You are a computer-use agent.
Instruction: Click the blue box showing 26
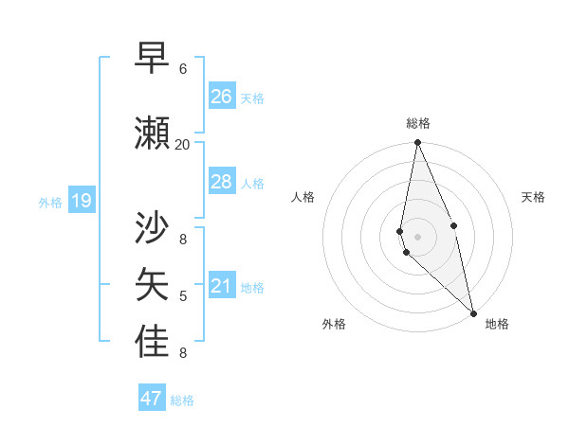(x=222, y=97)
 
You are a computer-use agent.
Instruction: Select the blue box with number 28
(x=222, y=182)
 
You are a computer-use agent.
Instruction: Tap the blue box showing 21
(x=222, y=286)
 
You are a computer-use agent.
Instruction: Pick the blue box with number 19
(x=81, y=201)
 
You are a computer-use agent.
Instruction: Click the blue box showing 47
(x=152, y=399)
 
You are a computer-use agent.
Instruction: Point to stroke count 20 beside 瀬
(x=182, y=144)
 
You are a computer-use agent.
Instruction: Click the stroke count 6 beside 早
(x=183, y=69)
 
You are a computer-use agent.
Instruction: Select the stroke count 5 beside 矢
(x=183, y=296)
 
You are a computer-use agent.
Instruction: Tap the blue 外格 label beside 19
(x=49, y=202)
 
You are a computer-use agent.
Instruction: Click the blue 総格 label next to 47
(x=182, y=400)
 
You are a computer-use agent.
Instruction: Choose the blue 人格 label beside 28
(x=252, y=183)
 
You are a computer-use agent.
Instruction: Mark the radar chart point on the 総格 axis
(x=417, y=143)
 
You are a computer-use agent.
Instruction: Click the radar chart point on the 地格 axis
(x=472, y=312)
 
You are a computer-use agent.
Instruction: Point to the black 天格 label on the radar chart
(x=533, y=197)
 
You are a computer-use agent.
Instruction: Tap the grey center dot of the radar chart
(x=417, y=236)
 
